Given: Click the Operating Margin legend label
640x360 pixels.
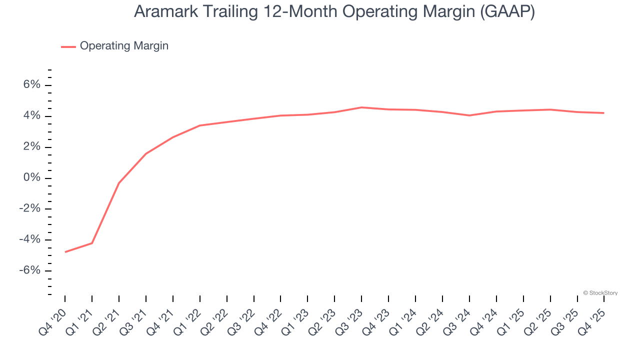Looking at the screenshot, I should [x=124, y=46].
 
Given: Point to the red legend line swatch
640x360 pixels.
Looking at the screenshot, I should [x=68, y=46].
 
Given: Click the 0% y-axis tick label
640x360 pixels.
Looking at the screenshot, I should [x=31, y=178].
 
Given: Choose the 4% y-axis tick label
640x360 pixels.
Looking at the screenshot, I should [x=31, y=116].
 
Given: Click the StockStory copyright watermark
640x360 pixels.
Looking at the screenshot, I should [x=600, y=293].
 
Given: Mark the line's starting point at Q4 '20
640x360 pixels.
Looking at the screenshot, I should [x=65, y=252].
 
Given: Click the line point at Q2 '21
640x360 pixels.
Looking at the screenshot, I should [x=119, y=183].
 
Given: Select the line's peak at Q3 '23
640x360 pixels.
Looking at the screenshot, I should [x=361, y=107].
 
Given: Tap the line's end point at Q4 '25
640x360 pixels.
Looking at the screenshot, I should [x=604, y=113].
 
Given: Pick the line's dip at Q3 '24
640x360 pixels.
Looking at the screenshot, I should [x=469, y=115].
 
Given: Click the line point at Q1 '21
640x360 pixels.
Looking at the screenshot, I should [x=92, y=243].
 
